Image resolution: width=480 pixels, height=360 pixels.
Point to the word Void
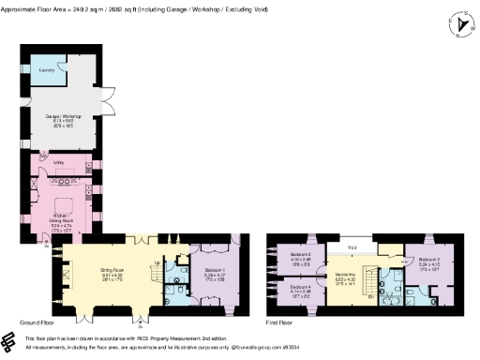[x=352, y=247]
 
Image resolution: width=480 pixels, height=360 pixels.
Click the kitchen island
[x=65, y=204]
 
